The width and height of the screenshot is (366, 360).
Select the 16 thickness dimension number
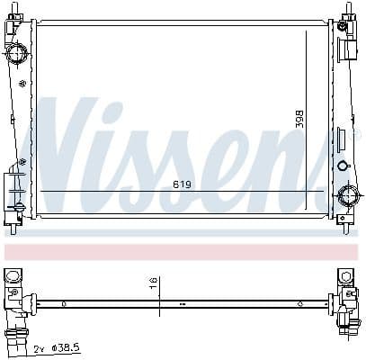pos(155,286)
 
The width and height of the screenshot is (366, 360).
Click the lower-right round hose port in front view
pos(347,195)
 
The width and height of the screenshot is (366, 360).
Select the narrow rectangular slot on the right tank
pos(340,140)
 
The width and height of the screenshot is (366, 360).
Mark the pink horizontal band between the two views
pos(180,251)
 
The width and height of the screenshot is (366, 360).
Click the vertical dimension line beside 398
pos(307,117)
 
